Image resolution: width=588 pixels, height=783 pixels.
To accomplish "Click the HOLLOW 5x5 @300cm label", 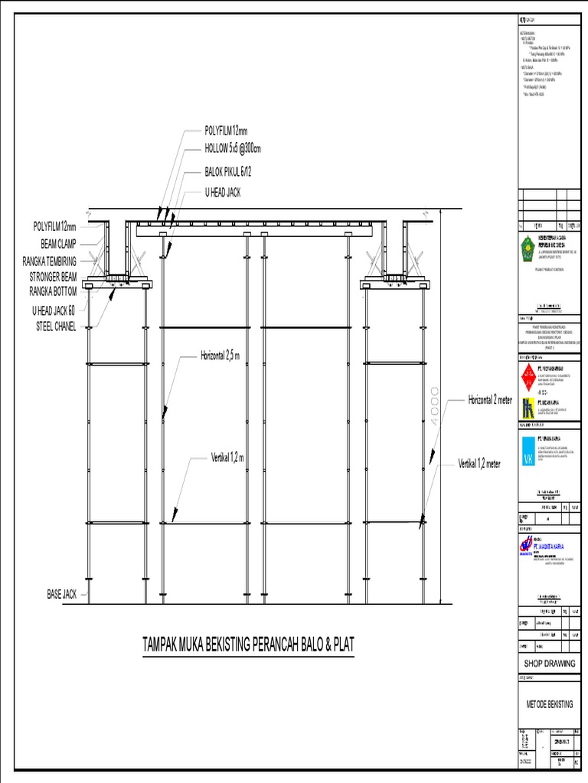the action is (233, 148).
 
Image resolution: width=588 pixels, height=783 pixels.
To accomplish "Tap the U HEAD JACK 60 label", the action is (54, 310).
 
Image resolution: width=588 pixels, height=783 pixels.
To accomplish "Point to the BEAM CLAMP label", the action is (56, 243).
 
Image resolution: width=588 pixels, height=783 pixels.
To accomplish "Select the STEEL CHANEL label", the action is (56, 327).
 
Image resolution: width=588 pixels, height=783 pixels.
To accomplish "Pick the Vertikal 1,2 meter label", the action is (479, 464).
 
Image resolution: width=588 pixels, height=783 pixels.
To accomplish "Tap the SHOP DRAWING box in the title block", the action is (549, 663).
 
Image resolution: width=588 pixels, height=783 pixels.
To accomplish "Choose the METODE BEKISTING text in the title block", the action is (549, 703).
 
